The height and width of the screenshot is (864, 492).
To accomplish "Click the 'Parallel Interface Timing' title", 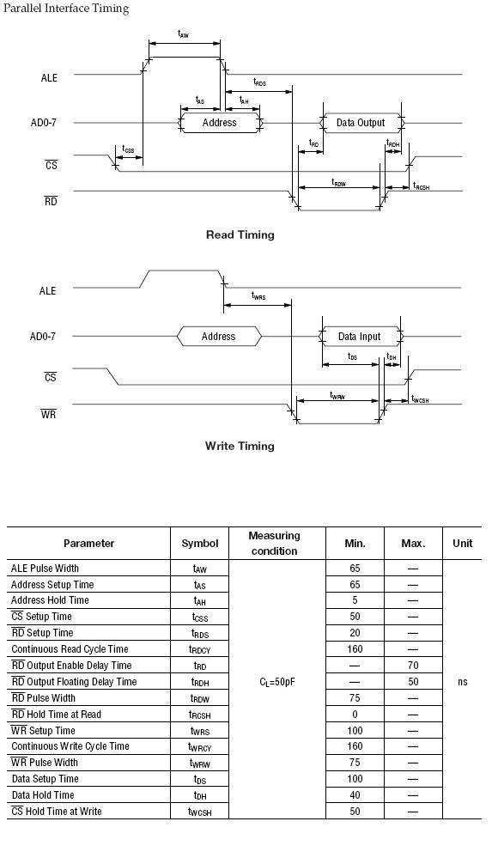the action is [65, 9].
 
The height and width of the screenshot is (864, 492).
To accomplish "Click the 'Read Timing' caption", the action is [240, 234].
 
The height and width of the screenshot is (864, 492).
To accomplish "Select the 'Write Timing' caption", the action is [240, 446].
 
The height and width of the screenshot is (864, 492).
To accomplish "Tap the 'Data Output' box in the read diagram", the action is [361, 123].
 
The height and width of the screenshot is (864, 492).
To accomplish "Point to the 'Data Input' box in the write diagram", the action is [360, 336].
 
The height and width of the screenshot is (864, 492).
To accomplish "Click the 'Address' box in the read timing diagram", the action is [220, 123].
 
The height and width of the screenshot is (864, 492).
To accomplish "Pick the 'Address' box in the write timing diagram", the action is [219, 336].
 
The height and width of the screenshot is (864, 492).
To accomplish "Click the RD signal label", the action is [51, 201].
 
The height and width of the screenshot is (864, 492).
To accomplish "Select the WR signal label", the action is [48, 413].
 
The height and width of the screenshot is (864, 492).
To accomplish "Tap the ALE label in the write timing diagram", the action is [48, 290].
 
